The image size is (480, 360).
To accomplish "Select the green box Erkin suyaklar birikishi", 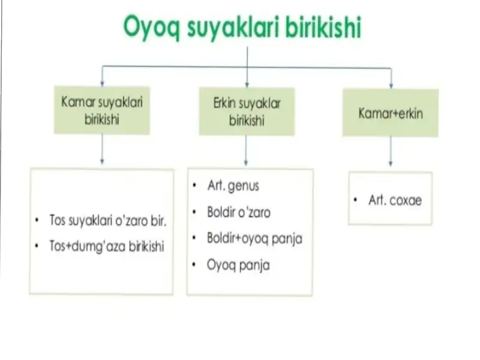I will pos(247,112).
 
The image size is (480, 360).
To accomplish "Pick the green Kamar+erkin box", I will pos(390,113).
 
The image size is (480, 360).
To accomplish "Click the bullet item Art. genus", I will pos(233,186).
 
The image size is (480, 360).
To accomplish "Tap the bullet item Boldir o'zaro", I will pos(238,212).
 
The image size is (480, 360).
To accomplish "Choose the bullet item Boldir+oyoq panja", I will pos(254,238).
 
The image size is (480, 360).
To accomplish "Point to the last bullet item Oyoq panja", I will pos(238,265).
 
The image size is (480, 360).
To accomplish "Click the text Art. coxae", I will pos(395,201).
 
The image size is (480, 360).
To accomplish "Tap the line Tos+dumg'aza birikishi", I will pos(107,247).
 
